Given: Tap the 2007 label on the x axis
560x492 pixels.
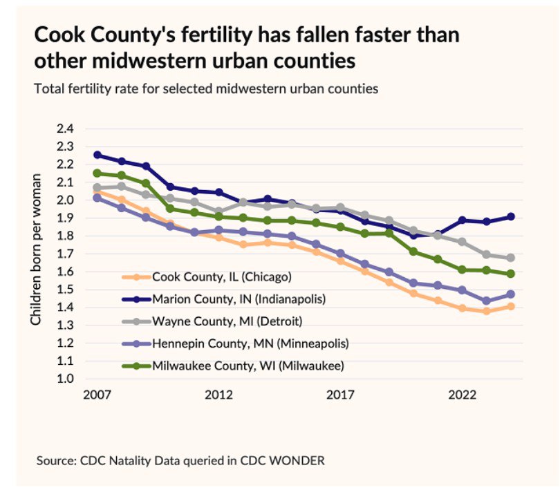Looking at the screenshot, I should (x=97, y=395).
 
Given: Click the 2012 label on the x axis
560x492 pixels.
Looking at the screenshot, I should (x=218, y=395).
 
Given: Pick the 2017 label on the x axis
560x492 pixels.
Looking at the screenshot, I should (x=340, y=395).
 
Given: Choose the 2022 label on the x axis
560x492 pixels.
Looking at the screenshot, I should (x=462, y=395).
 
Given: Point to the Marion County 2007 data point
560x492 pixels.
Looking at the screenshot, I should (x=97, y=155).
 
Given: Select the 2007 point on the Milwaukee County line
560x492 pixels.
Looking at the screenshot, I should (x=97, y=173).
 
